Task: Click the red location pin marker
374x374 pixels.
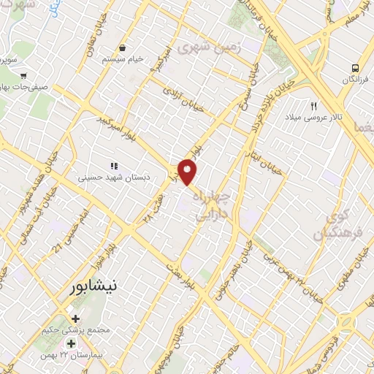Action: point(188,171)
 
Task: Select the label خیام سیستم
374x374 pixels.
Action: point(121,58)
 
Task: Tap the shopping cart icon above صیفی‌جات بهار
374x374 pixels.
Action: point(24,75)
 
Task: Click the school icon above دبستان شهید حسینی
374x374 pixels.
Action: point(112,167)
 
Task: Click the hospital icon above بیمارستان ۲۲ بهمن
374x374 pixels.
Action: point(71,322)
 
